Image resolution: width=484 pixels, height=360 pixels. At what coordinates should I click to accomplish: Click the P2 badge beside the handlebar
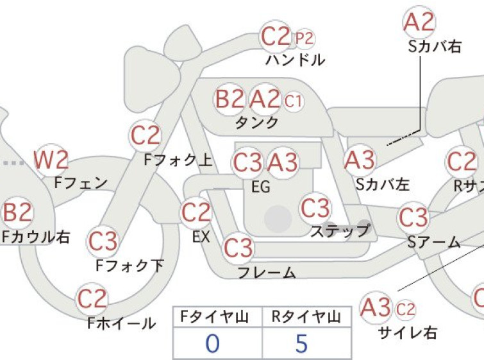pyautogui.click(x=305, y=39)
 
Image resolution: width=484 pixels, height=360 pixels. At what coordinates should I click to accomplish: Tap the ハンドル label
pyautogui.click(x=295, y=60)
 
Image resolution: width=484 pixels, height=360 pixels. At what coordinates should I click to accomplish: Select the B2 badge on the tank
pyautogui.click(x=229, y=99)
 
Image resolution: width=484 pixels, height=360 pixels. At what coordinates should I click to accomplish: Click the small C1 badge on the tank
pyautogui.click(x=293, y=101)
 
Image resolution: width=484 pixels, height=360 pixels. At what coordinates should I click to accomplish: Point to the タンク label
pyautogui.click(x=257, y=123)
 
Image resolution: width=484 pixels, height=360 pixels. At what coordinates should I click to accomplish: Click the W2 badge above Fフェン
pyautogui.click(x=51, y=160)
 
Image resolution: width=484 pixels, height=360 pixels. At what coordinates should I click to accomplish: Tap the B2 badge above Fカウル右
pyautogui.click(x=17, y=212)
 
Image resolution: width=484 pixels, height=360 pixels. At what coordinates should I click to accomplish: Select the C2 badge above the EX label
pyautogui.click(x=196, y=212)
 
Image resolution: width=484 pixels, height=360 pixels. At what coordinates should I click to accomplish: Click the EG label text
pyautogui.click(x=261, y=187)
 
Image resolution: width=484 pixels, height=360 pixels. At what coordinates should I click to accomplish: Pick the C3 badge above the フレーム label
pyautogui.click(x=238, y=248)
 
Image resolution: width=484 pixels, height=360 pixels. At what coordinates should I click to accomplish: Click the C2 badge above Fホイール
pyautogui.click(x=92, y=299)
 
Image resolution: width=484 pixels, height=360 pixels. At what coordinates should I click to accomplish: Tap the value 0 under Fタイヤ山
pyautogui.click(x=213, y=343)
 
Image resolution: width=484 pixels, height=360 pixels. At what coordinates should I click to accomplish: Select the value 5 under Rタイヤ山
pyautogui.click(x=301, y=343)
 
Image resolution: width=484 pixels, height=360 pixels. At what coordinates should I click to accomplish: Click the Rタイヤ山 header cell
pyautogui.click(x=306, y=317)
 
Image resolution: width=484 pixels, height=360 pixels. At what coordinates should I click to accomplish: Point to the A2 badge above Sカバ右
pyautogui.click(x=419, y=22)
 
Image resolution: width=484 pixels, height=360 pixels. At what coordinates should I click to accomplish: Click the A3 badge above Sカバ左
pyautogui.click(x=360, y=160)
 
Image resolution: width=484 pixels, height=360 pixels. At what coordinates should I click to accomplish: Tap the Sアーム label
pyautogui.click(x=434, y=242)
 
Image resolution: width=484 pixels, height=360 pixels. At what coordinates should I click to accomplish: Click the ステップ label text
pyautogui.click(x=340, y=230)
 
